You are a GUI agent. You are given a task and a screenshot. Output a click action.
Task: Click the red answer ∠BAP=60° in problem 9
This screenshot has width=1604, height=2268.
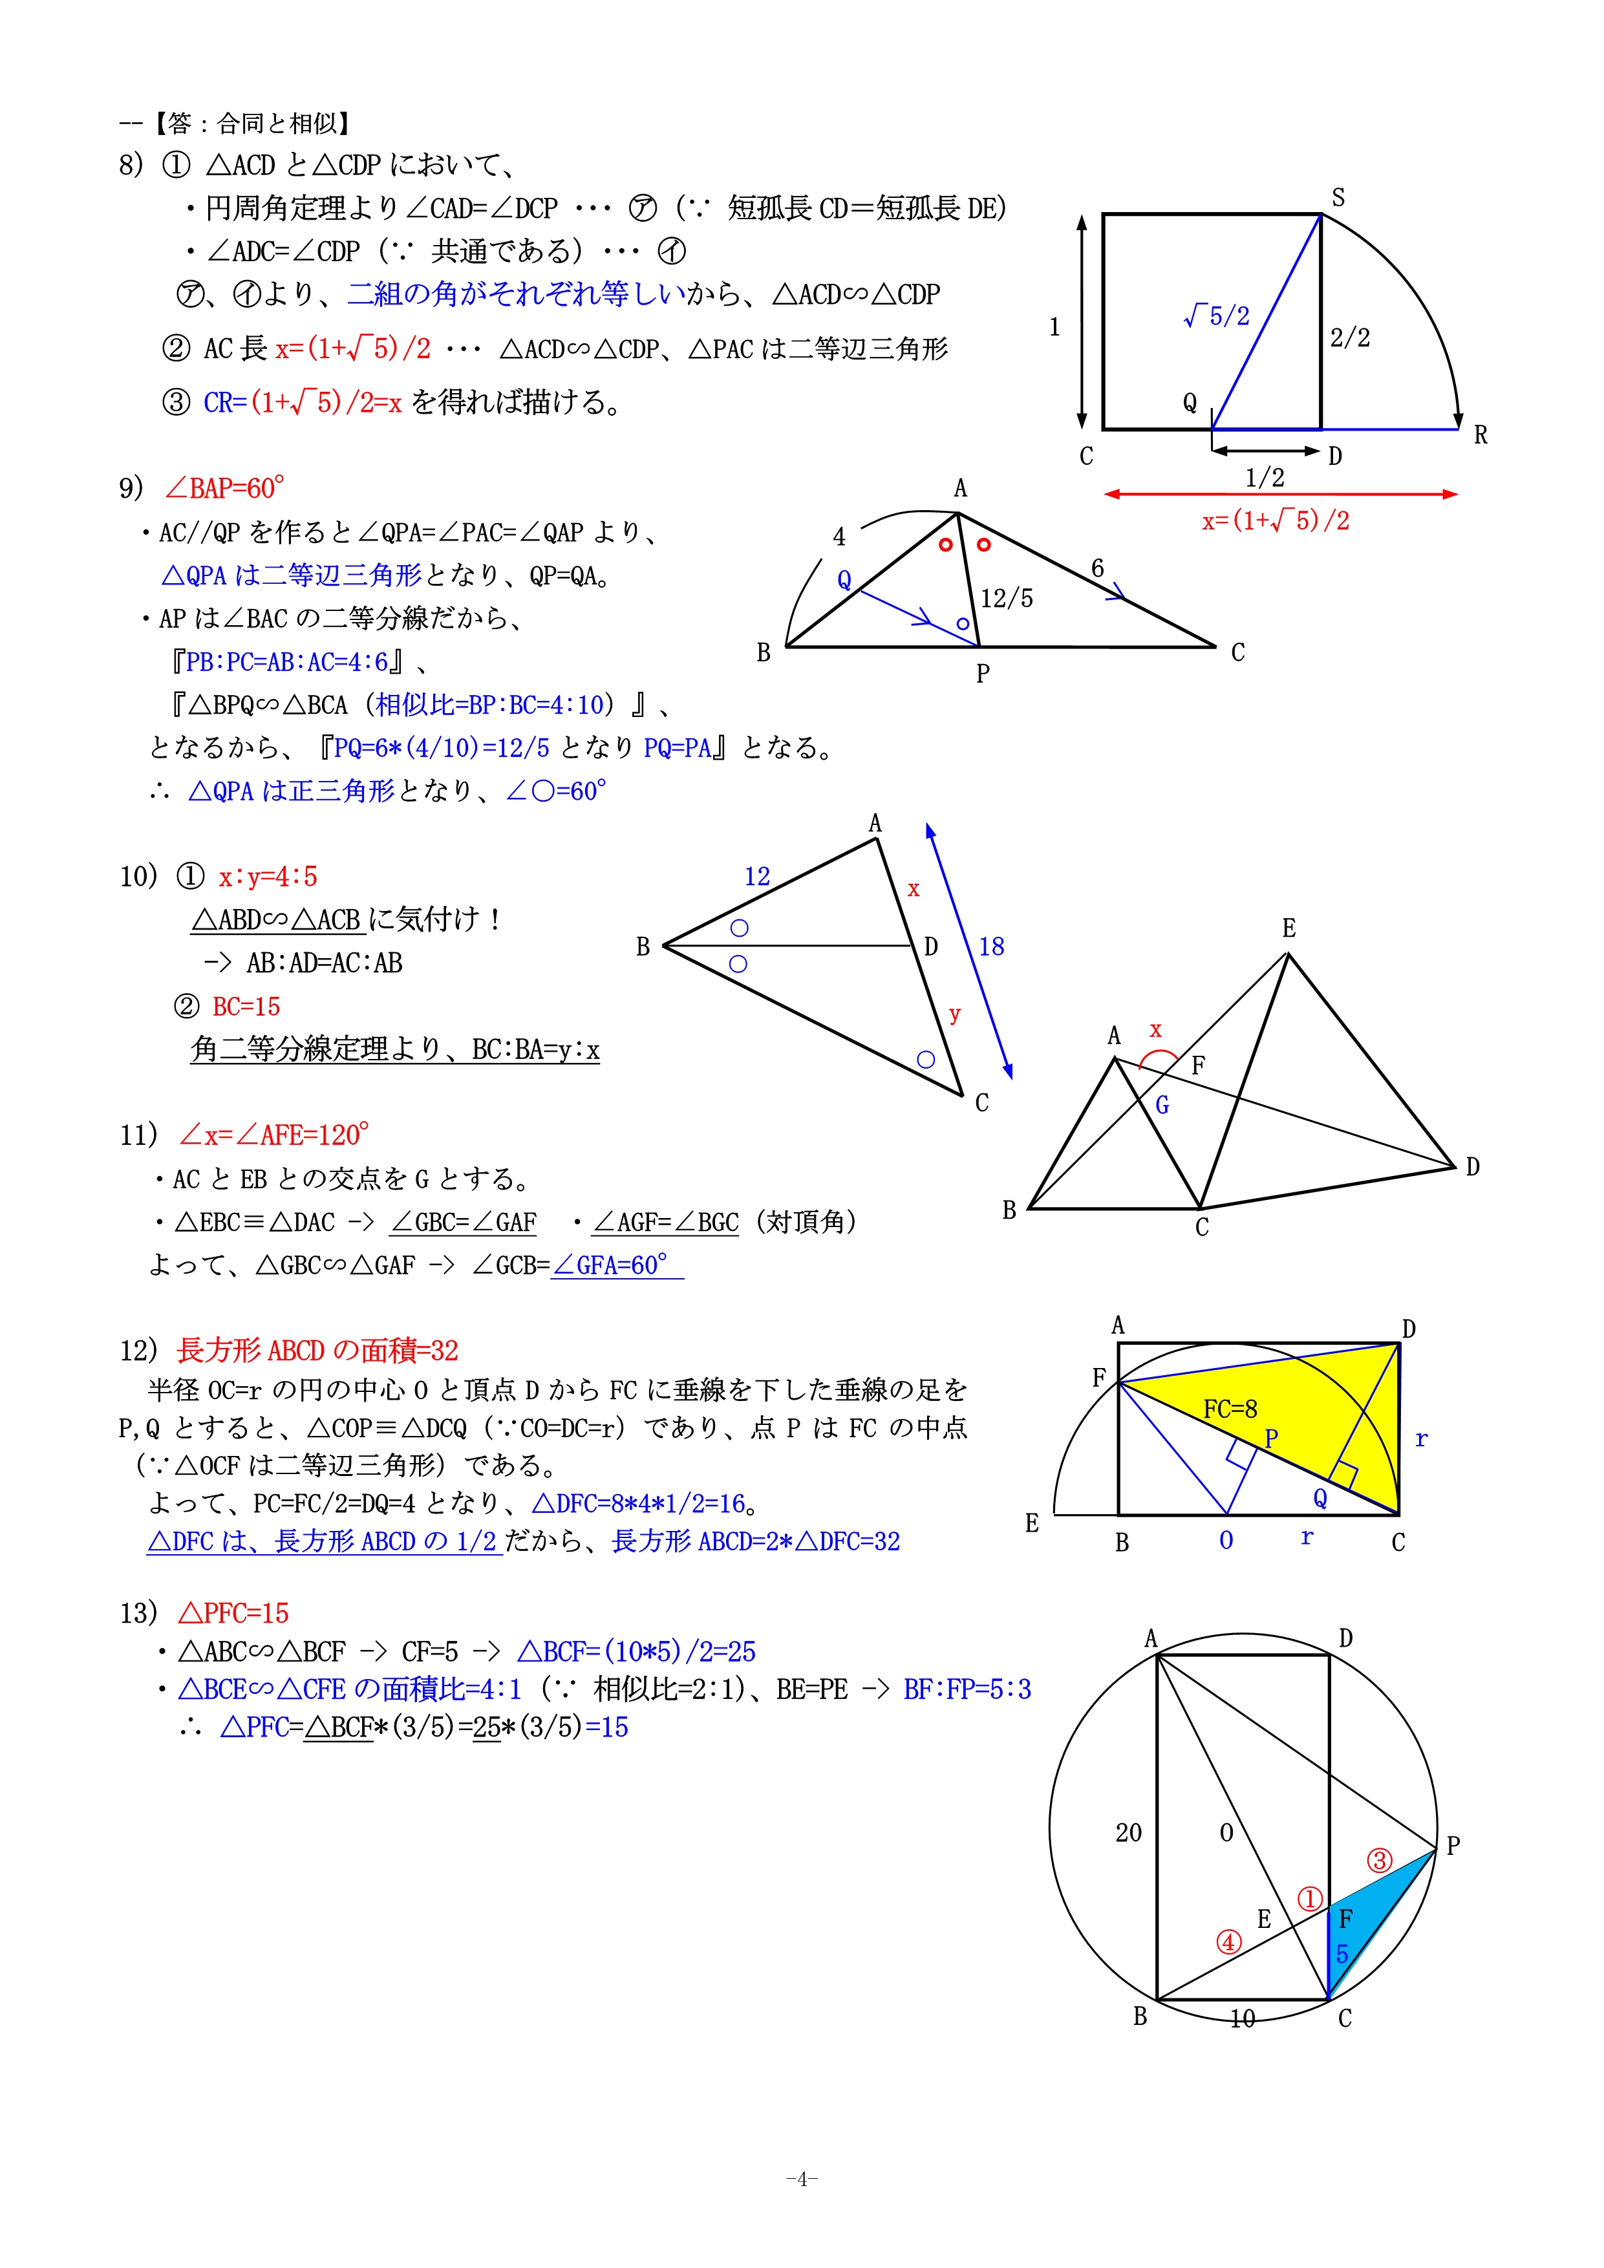coord(224,488)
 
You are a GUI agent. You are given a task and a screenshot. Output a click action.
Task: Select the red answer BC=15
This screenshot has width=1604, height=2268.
coord(246,1007)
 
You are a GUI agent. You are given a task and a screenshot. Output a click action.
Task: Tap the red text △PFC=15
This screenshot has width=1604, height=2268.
coord(233,1613)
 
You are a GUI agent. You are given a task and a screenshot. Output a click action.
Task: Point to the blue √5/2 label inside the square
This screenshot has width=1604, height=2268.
coord(1217,316)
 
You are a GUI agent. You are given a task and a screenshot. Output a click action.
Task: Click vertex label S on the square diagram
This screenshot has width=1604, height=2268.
coord(1338,198)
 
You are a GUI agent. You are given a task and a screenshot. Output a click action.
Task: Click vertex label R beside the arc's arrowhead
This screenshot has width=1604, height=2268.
coord(1480,434)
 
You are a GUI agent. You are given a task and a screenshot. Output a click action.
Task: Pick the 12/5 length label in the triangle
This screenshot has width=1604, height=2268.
coord(1007,599)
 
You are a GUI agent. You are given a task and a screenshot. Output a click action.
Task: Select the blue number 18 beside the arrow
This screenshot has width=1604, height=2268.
coord(992,947)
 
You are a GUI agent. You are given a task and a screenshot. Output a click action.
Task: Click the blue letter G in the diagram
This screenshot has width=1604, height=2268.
coord(1162,1106)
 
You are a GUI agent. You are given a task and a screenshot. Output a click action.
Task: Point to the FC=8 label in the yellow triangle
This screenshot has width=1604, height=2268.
coord(1230,1409)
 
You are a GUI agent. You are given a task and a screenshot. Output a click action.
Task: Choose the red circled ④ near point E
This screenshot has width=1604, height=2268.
coord(1228,1942)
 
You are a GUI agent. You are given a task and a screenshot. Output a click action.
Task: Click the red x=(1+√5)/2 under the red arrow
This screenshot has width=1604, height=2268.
coord(1275,520)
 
